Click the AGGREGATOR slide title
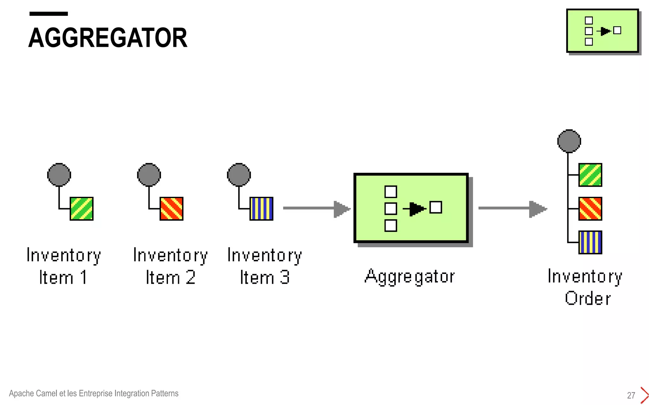point(108,38)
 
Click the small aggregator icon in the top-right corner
point(602,31)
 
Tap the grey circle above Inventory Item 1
point(59,175)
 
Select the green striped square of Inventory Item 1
point(81,209)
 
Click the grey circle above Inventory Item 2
point(149,175)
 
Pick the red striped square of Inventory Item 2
point(171,209)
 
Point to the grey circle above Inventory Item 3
point(239,175)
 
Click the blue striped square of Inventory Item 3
point(261,209)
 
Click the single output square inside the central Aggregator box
point(436,207)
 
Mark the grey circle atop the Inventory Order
point(569,141)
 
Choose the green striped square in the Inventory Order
point(590,175)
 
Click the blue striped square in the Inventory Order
point(590,242)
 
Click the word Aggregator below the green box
point(410,277)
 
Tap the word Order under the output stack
point(588,298)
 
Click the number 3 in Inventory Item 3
point(285,277)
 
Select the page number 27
point(631,395)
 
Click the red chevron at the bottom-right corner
point(644,395)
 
